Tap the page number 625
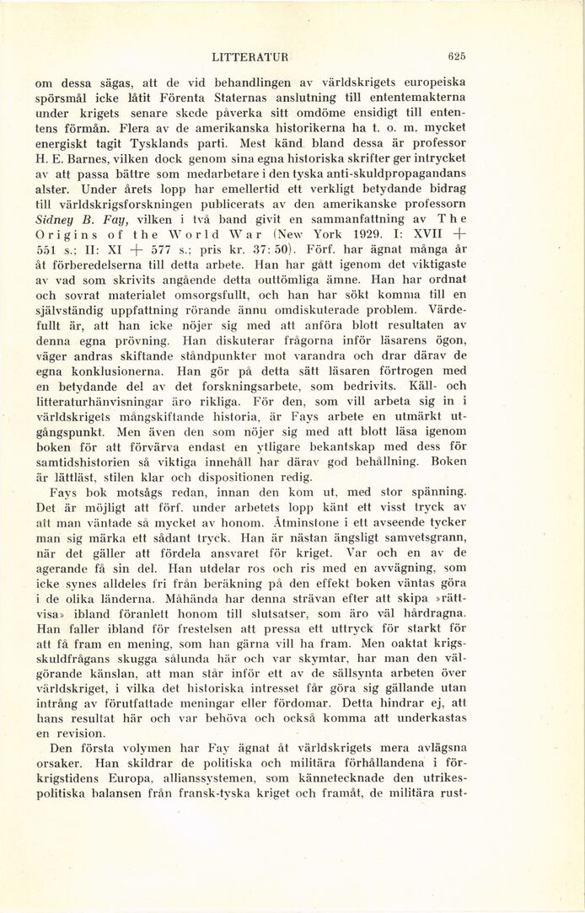click(458, 57)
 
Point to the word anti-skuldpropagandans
click(397, 172)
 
